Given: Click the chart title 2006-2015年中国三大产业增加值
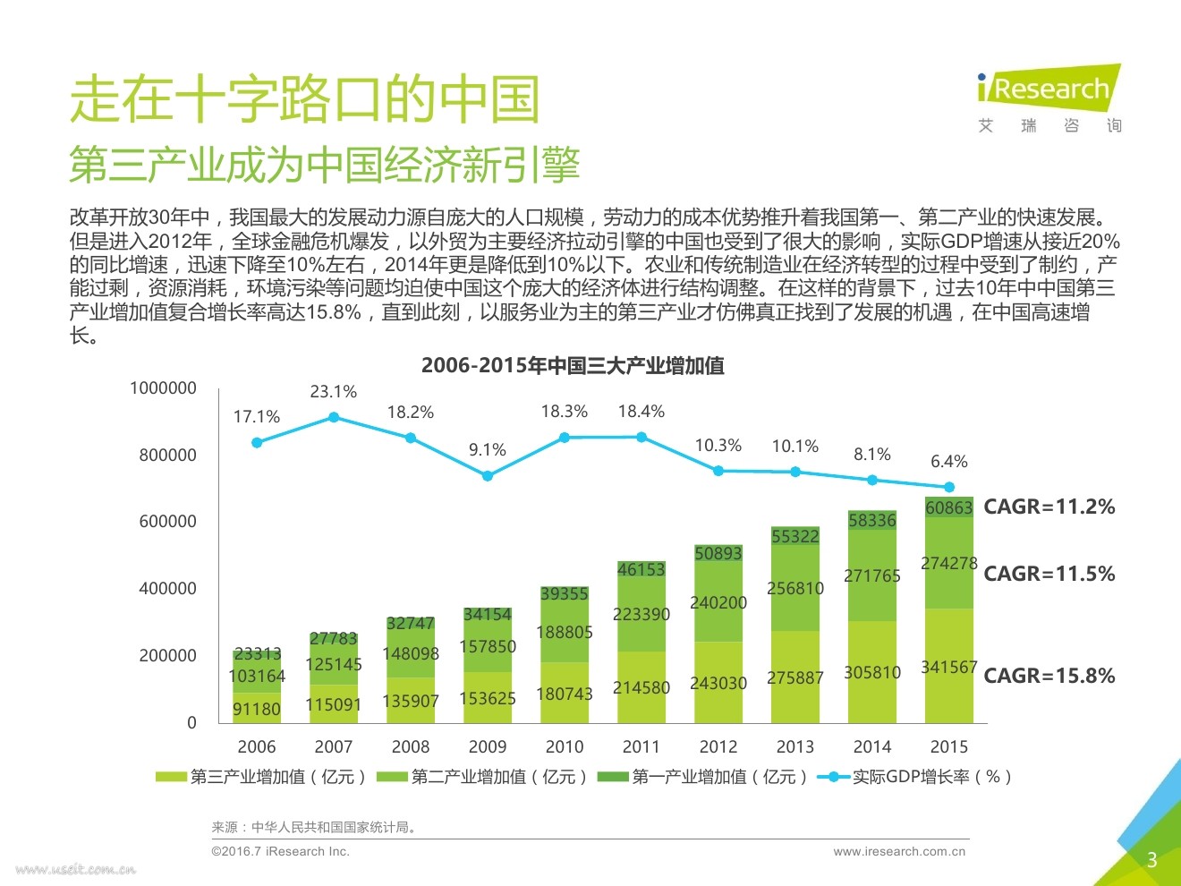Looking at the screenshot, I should point(573,365).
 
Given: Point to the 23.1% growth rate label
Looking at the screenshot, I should point(333,392).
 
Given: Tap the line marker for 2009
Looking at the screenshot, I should point(488,476).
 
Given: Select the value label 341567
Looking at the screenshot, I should point(949,667).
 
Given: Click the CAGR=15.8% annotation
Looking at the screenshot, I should point(1049,676).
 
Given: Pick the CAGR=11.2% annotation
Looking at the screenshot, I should point(1049,507).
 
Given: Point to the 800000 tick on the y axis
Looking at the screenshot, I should point(167,455).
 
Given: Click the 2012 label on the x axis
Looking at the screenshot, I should point(718,746).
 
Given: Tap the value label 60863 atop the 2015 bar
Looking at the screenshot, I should point(949,507).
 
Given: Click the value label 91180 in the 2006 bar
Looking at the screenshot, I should point(257,709).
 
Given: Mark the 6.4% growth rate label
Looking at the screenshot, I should point(949,462).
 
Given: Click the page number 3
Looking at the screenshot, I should point(1152,860).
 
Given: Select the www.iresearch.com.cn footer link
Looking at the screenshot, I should point(899,851).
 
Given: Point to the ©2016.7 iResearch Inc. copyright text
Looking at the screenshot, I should point(280,851).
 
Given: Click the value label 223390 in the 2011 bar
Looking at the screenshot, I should point(641,614).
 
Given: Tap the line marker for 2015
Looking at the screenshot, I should point(949,487).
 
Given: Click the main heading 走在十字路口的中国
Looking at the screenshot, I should point(305,98).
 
